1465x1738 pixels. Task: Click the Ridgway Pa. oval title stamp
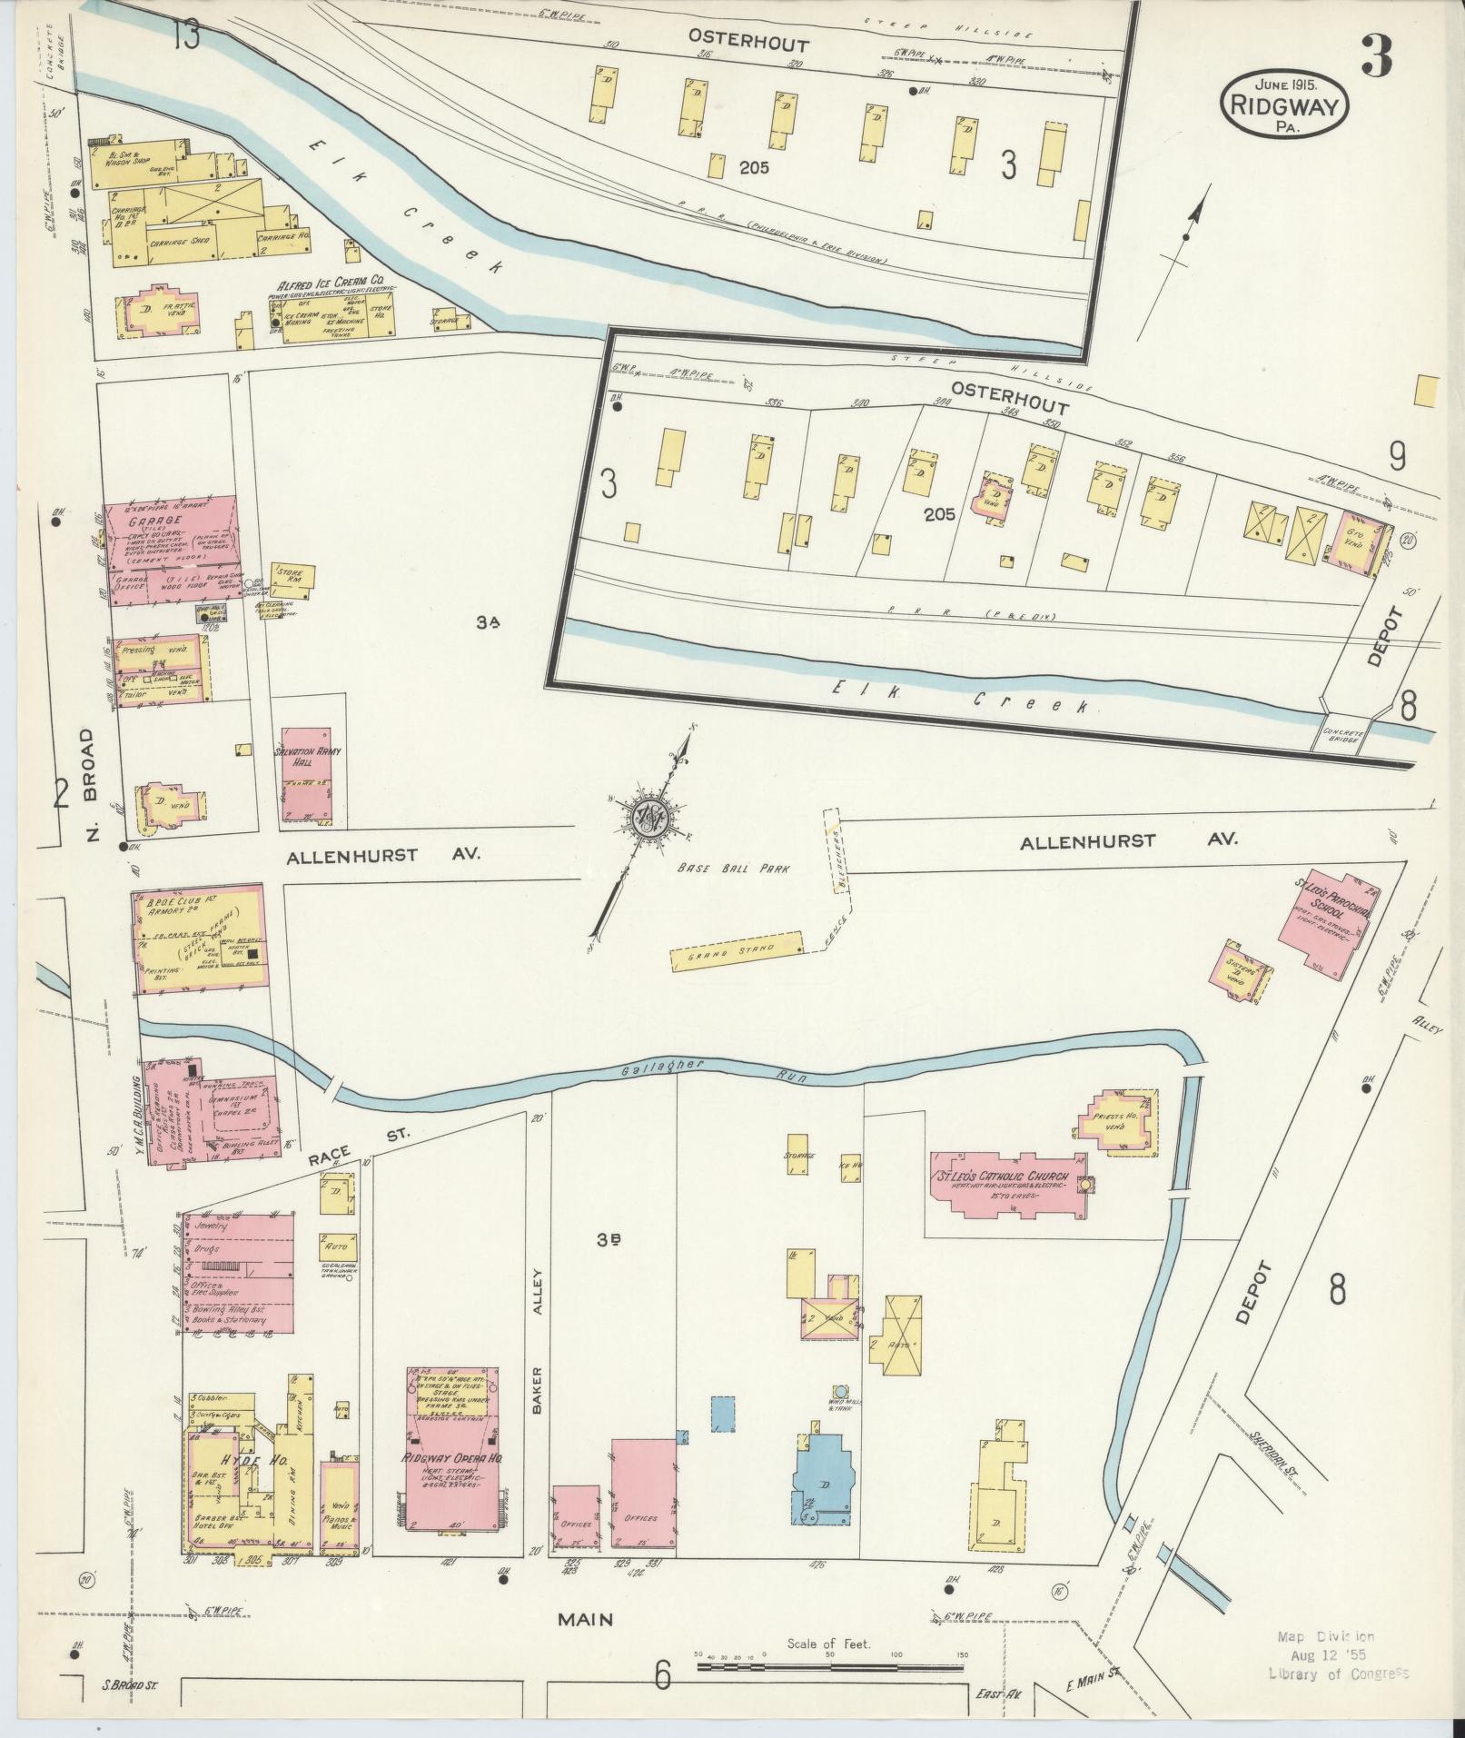click(1285, 104)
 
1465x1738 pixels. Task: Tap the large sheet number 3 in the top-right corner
click(1376, 58)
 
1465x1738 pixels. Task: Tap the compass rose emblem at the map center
click(651, 814)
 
